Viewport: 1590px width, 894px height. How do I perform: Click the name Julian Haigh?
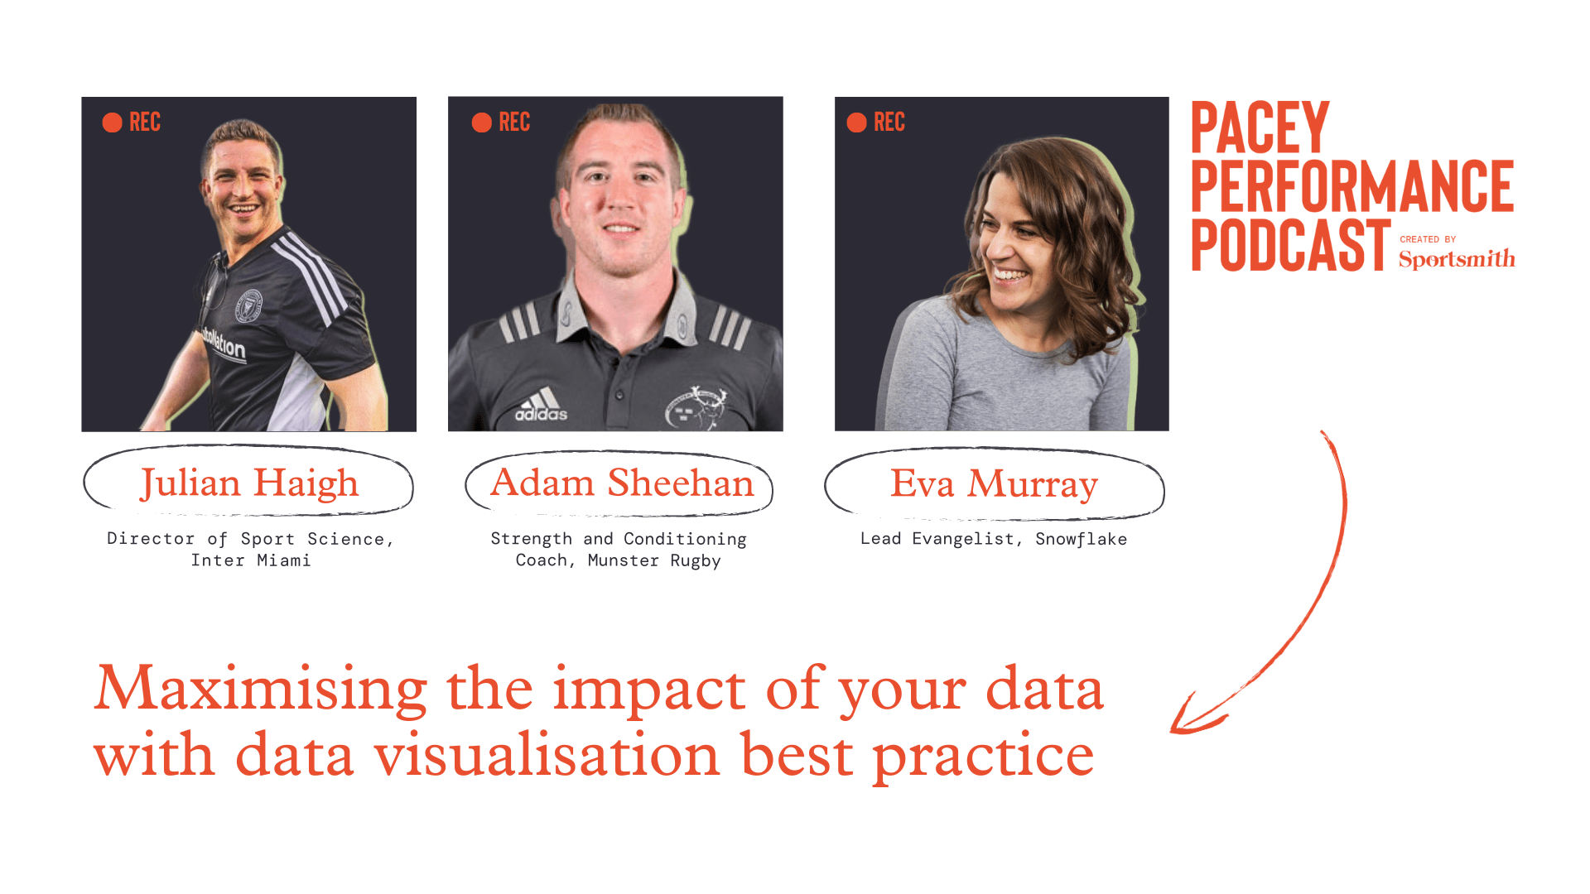pyautogui.click(x=249, y=483)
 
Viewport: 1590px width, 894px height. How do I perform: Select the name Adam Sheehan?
pyautogui.click(x=622, y=483)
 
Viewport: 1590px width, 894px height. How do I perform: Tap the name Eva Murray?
pyautogui.click(x=994, y=484)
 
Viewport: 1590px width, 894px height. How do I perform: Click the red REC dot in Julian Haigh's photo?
pyautogui.click(x=112, y=123)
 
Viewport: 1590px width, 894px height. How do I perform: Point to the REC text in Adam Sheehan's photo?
pyautogui.click(x=514, y=123)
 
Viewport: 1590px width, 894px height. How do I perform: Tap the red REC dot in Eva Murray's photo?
pyautogui.click(x=856, y=123)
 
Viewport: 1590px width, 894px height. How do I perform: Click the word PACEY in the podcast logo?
pyautogui.click(x=1260, y=127)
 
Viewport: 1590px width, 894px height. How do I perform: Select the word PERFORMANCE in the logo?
pyautogui.click(x=1351, y=187)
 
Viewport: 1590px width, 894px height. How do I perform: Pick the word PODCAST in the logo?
pyautogui.click(x=1290, y=246)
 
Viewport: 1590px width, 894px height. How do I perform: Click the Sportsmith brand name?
pyautogui.click(x=1457, y=259)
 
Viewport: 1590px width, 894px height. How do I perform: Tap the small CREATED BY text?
pyautogui.click(x=1428, y=239)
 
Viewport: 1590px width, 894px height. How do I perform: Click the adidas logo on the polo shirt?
pyautogui.click(x=542, y=406)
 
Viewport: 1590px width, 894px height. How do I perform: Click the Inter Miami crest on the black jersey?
pyautogui.click(x=248, y=306)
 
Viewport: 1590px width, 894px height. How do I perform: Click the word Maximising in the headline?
pyautogui.click(x=261, y=689)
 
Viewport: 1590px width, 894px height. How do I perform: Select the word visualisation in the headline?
pyautogui.click(x=547, y=755)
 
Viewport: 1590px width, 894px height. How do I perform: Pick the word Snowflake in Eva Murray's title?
pyautogui.click(x=1081, y=539)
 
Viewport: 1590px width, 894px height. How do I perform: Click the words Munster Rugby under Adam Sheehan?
pyautogui.click(x=654, y=560)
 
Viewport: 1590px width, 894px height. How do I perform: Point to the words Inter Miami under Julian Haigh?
pyautogui.click(x=251, y=560)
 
